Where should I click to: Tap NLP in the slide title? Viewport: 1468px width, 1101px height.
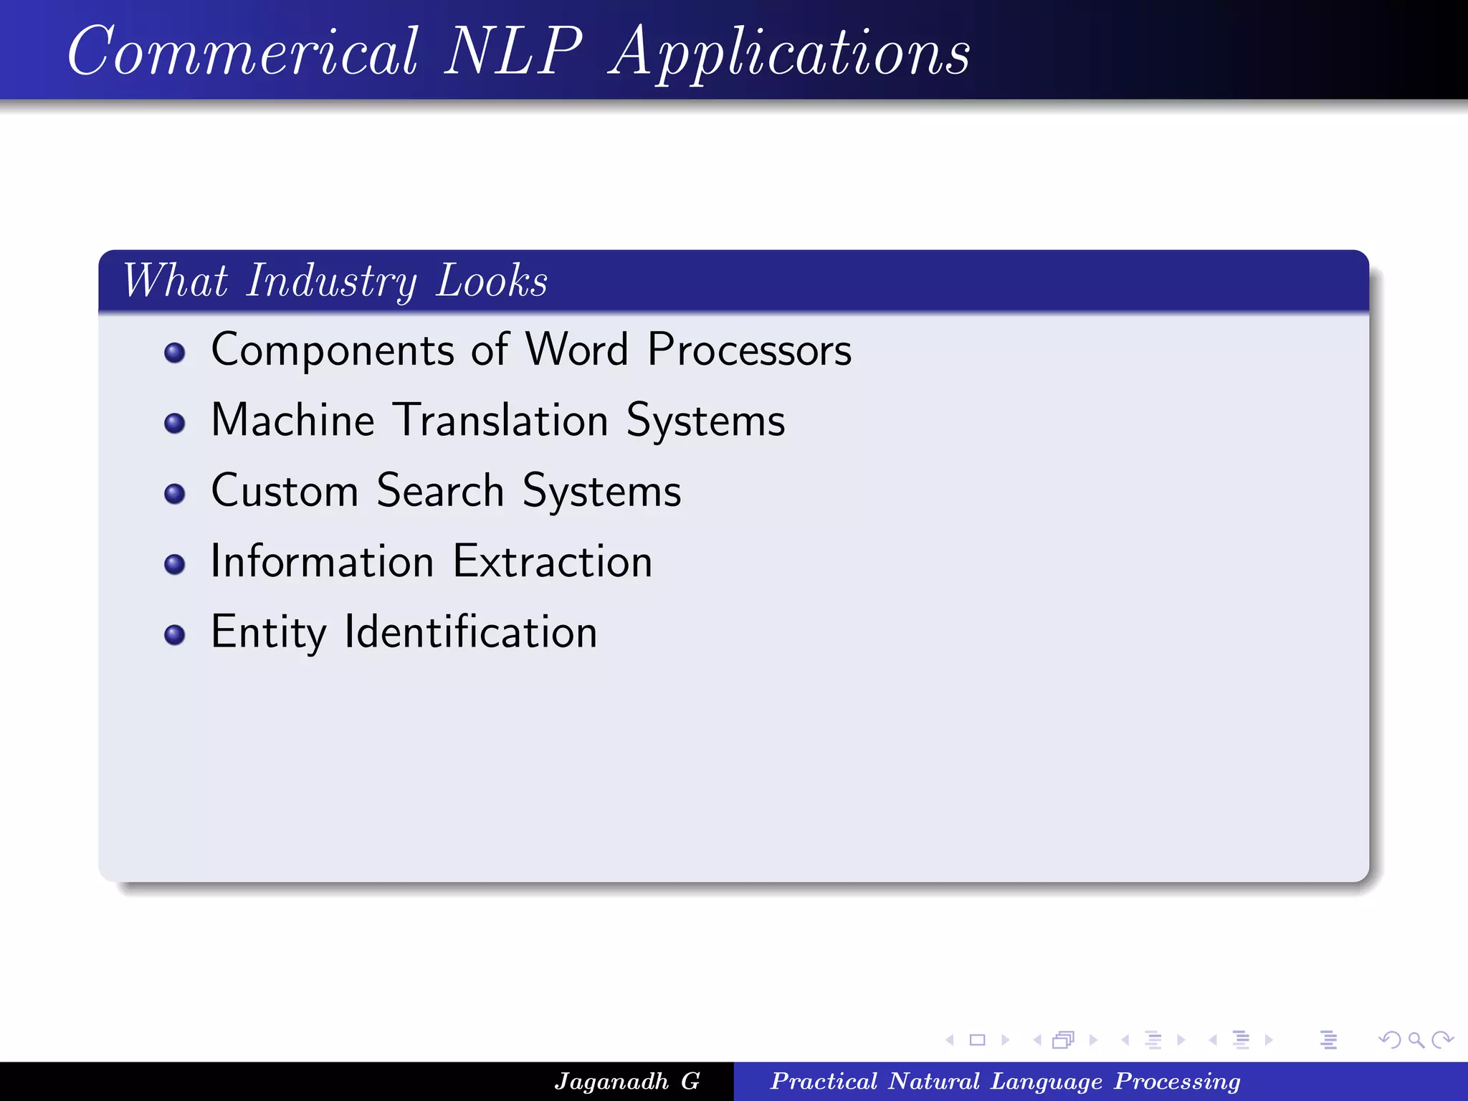513,52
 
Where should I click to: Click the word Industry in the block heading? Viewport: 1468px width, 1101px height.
331,281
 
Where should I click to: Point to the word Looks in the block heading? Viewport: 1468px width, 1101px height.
492,281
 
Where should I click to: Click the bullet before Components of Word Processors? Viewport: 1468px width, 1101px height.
174,353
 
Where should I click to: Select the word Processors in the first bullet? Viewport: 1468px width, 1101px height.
749,351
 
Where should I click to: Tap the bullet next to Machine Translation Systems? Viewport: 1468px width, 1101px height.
174,423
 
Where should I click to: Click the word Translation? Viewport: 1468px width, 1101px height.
502,420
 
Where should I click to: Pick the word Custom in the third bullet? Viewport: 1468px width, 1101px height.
285,491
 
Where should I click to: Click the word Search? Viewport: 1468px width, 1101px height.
440,491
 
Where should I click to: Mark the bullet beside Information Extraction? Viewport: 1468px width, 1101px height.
174,564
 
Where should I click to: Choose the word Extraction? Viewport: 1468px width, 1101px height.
553,561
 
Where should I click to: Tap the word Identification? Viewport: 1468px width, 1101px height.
471,632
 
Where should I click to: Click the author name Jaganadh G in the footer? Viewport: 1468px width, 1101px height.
626,1081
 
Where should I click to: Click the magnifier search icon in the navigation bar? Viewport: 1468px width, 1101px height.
1416,1039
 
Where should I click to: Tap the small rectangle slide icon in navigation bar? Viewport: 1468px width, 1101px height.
977,1039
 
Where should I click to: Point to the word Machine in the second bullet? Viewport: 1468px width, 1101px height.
293,420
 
